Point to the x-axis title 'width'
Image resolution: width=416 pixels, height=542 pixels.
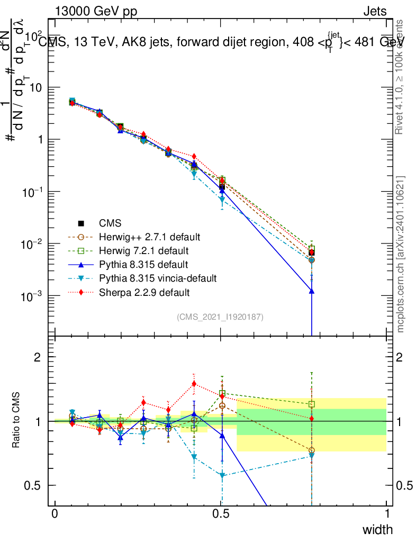[x=377, y=529]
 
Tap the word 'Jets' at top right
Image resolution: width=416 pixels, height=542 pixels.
[x=375, y=11]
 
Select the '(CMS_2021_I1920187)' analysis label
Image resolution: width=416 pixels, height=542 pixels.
[x=220, y=317]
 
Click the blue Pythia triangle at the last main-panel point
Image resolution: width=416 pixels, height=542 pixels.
[x=312, y=291]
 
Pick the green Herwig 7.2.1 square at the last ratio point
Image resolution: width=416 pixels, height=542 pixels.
[x=312, y=404]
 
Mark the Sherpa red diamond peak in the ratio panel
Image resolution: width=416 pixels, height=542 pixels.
[x=194, y=384]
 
